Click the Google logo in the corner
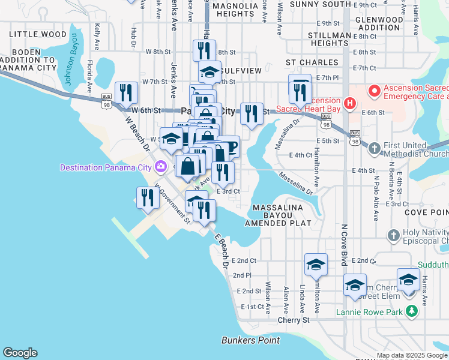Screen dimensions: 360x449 pos(20,353)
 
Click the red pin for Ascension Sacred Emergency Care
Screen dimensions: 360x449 pos(375,91)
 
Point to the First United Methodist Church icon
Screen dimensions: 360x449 pos(374,148)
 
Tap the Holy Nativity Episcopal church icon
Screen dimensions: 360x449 pos(394,235)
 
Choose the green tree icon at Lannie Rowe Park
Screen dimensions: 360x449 pos(411,311)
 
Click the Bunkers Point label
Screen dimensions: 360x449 pos(250,340)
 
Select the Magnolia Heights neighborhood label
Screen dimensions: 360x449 pos(231,9)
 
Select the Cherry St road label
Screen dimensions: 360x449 pos(293,320)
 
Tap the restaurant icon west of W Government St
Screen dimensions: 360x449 pos(146,197)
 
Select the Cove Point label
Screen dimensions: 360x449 pos(427,212)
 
